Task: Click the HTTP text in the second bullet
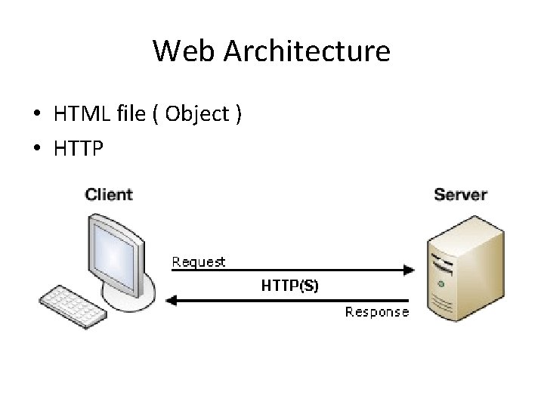point(79,149)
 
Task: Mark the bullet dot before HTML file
point(36,115)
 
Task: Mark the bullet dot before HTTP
point(36,150)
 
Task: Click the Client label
point(109,194)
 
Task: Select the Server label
point(460,194)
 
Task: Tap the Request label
point(199,262)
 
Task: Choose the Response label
point(377,311)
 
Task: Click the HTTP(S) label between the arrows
point(289,286)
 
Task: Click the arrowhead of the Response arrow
point(171,301)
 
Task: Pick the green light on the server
point(440,285)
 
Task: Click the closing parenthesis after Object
point(238,115)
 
